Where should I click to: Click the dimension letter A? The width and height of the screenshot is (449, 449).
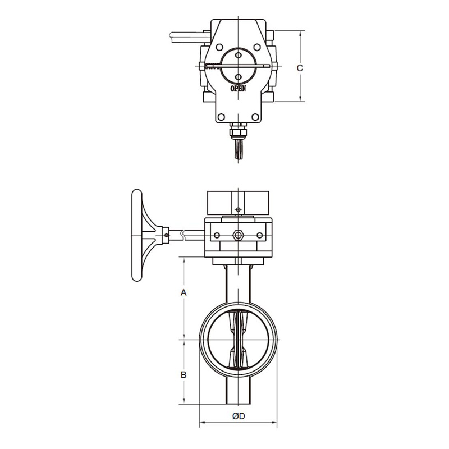pyautogui.click(x=184, y=292)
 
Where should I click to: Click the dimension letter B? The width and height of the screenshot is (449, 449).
pyautogui.click(x=184, y=374)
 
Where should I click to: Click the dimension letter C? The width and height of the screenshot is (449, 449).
pyautogui.click(x=300, y=68)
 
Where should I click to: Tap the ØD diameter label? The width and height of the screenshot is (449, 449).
pyautogui.click(x=239, y=416)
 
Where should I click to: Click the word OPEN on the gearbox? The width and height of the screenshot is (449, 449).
pyautogui.click(x=238, y=89)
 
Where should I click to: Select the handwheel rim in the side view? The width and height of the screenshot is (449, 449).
pyautogui.click(x=136, y=235)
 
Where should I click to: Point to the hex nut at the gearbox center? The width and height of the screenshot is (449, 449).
pyautogui.click(x=238, y=235)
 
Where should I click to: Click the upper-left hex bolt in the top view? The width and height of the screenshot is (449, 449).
pyautogui.click(x=219, y=47)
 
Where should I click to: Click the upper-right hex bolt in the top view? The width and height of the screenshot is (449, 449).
pyautogui.click(x=257, y=47)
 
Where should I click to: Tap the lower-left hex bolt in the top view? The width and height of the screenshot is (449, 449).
pyautogui.click(x=221, y=117)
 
